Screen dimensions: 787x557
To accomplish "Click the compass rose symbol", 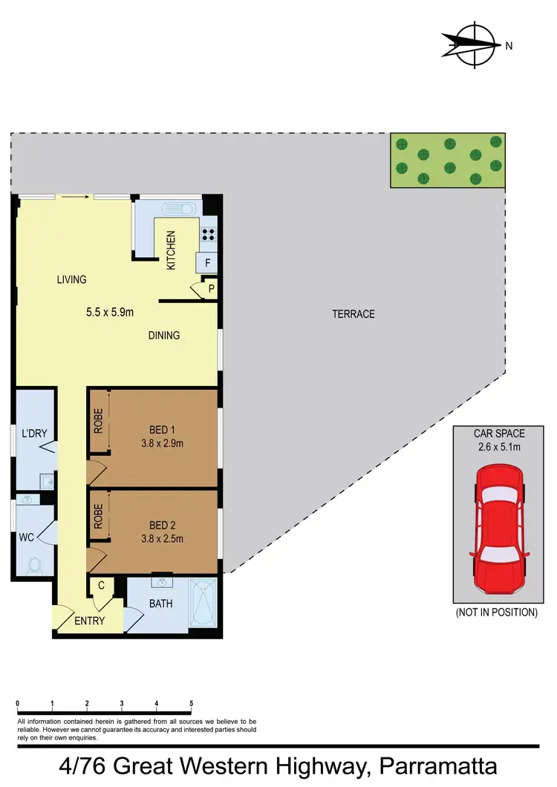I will [472, 45].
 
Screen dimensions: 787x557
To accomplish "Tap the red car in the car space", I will [500, 521].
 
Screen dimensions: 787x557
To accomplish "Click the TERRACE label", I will [354, 314].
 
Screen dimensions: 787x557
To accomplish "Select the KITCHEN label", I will [171, 250].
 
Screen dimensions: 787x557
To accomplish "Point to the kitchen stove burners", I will [208, 235].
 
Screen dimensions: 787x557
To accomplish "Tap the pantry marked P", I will [211, 289].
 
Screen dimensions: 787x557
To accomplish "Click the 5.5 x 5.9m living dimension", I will [110, 313].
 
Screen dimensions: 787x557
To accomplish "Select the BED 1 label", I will [163, 430].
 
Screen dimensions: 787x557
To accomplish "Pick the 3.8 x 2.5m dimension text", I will [162, 540].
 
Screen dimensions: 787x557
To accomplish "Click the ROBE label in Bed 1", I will [98, 422].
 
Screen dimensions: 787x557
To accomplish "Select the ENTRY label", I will [90, 621].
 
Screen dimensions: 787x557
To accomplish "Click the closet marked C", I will [100, 587].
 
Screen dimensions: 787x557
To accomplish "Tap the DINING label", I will [164, 336].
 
